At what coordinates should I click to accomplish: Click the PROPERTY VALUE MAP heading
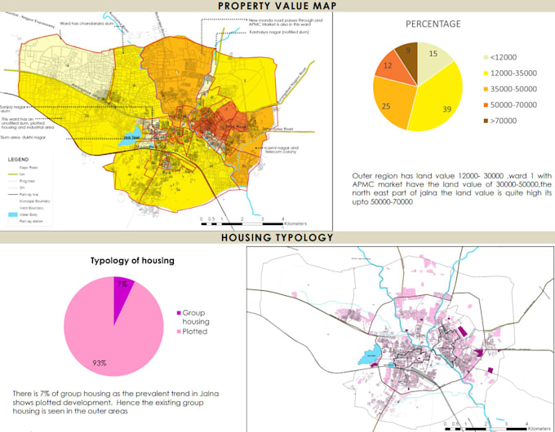277,7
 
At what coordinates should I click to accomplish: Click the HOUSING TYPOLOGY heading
277,237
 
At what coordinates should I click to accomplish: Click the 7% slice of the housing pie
123,287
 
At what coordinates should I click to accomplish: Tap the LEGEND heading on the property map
18,159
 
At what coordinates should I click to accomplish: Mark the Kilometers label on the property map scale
296,223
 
